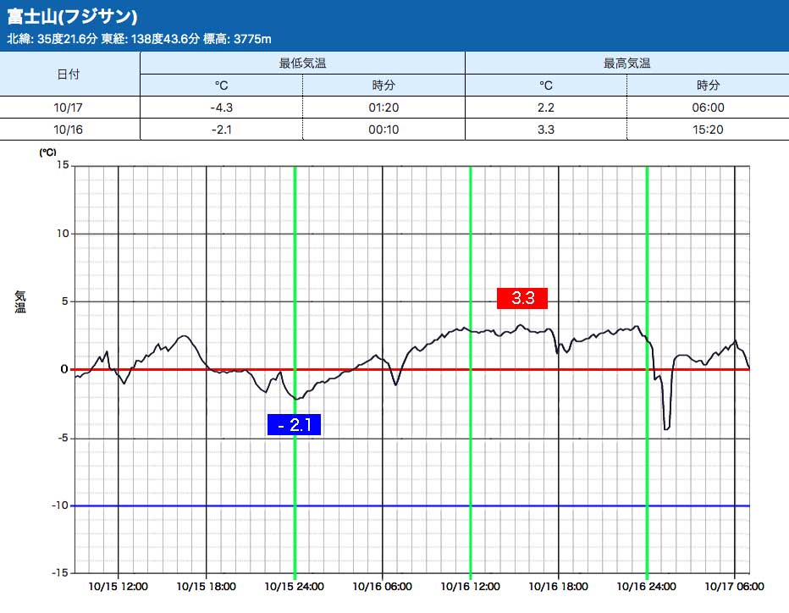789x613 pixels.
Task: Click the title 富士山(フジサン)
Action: point(73,17)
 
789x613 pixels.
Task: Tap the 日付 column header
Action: point(69,74)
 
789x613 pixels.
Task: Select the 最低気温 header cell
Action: point(302,63)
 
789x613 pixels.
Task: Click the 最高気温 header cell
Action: point(626,63)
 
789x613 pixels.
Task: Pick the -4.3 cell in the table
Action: point(221,108)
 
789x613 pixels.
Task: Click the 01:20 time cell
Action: point(383,108)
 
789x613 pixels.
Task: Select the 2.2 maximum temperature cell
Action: point(546,108)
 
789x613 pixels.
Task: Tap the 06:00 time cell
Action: point(708,108)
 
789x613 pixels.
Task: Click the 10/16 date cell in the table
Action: point(69,129)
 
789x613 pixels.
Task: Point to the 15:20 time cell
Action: point(708,129)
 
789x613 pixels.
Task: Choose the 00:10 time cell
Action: point(383,129)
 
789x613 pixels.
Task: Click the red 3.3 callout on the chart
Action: point(522,298)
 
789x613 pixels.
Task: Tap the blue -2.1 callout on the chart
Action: point(294,425)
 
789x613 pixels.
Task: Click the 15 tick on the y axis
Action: point(63,165)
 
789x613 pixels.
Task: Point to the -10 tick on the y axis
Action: point(59,505)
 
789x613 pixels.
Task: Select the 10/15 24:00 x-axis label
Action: point(293,586)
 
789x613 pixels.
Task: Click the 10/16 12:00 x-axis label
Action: point(469,586)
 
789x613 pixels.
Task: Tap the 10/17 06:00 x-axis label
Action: point(733,586)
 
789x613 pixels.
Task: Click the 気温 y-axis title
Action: point(20,301)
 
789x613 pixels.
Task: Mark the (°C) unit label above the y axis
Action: point(47,152)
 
